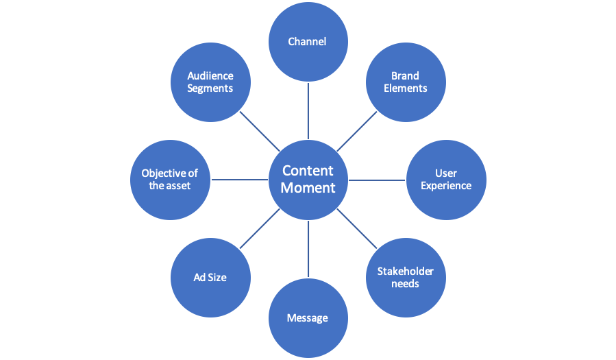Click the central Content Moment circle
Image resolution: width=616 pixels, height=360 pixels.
point(308,180)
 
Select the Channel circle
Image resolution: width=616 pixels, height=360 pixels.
point(308,42)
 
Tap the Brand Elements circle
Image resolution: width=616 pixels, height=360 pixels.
point(405,82)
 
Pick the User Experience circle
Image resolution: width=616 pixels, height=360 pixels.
point(446,180)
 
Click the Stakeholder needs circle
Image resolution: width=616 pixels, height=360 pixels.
point(405,277)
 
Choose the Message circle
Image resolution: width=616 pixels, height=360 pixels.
point(308,317)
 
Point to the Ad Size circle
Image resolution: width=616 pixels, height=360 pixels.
point(210,277)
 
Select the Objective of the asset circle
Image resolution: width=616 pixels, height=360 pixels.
point(170,180)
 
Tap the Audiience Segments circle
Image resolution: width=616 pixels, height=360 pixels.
point(210,82)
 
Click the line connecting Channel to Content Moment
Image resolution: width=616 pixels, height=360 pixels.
point(308,110)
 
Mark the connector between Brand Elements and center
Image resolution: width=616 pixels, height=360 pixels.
point(357,130)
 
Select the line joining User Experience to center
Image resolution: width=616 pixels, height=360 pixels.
point(377,180)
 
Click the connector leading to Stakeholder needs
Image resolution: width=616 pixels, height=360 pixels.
point(357,229)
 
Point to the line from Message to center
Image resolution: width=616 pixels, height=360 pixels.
point(308,248)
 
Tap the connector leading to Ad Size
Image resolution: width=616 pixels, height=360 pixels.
point(259,229)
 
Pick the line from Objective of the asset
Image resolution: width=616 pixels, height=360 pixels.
point(239,180)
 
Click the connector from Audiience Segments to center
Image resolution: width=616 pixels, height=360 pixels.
point(259,130)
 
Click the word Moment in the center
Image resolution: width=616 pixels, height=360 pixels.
point(308,187)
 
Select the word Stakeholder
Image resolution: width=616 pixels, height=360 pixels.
point(405,272)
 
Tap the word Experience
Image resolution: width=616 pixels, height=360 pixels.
point(446,186)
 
